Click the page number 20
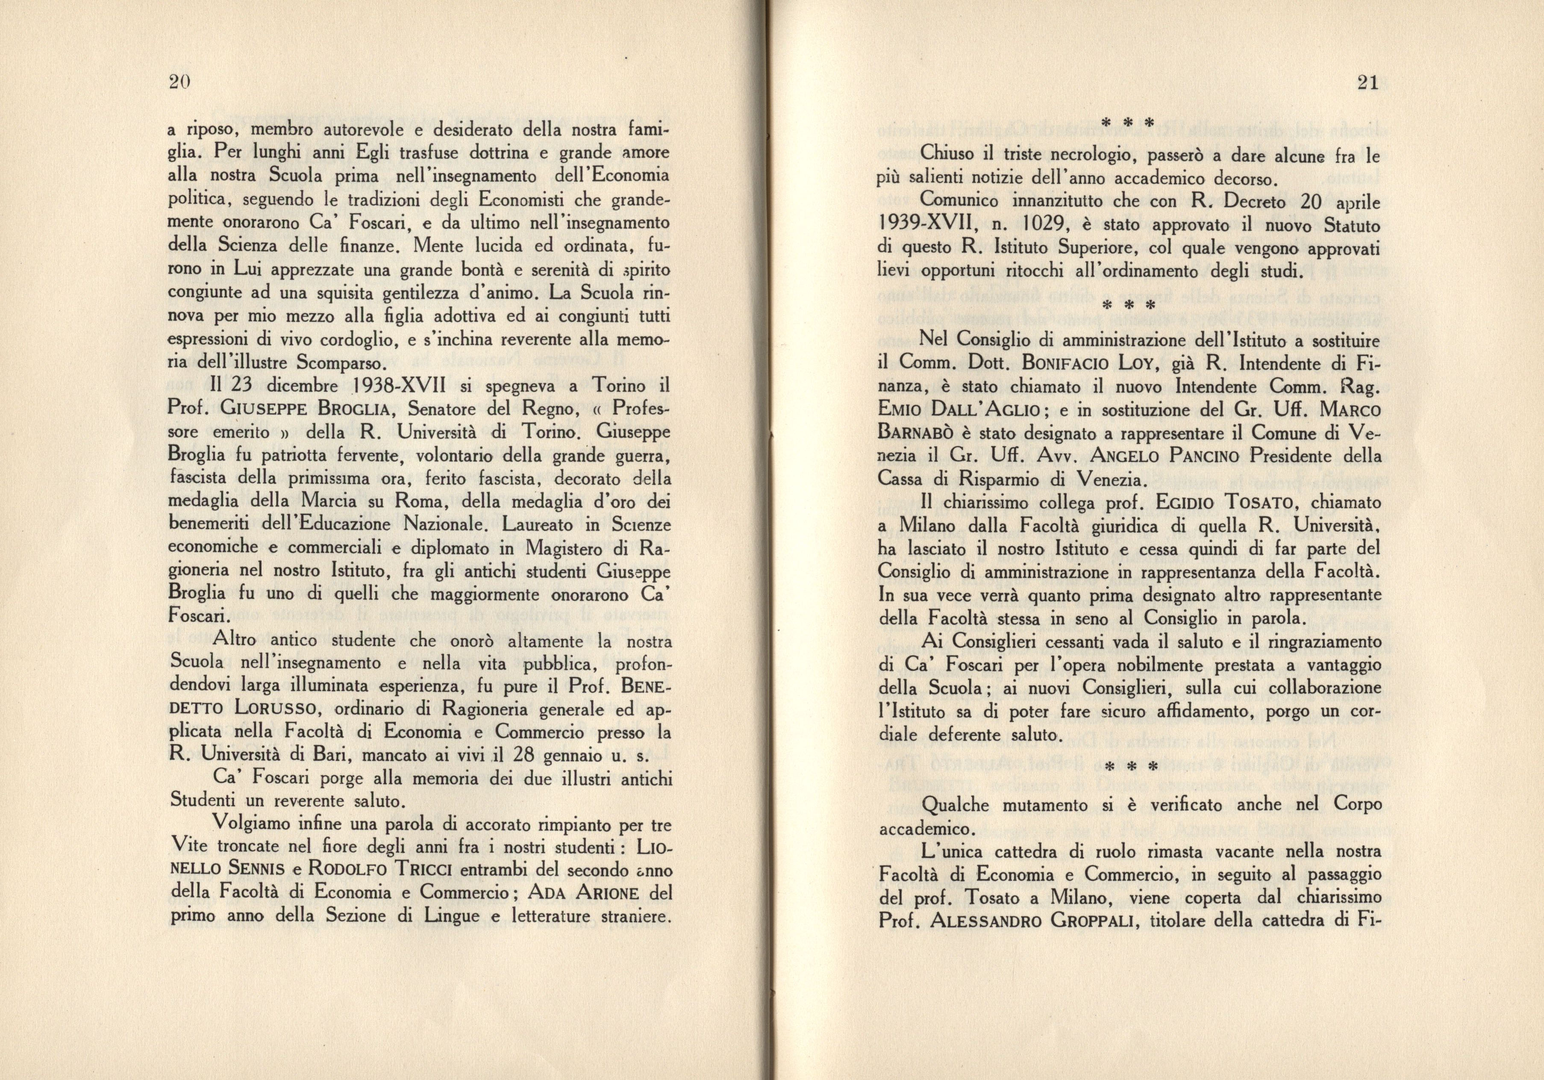[180, 82]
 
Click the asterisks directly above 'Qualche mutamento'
[1130, 767]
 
